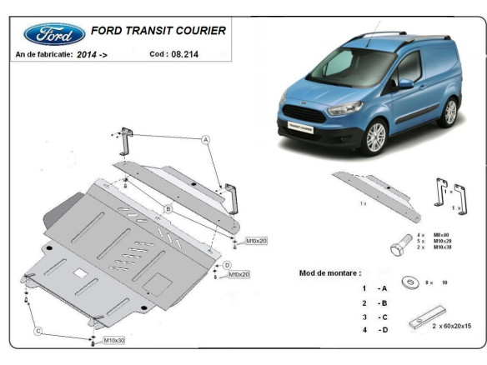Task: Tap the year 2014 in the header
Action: pyautogui.click(x=86, y=53)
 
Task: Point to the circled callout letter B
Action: pyautogui.click(x=168, y=208)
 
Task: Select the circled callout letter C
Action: pyautogui.click(x=38, y=332)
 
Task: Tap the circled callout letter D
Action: pyautogui.click(x=226, y=265)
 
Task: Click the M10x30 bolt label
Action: pyautogui.click(x=115, y=341)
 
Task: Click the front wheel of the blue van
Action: pyautogui.click(x=376, y=137)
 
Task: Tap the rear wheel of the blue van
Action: pyautogui.click(x=450, y=112)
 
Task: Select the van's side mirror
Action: pyautogui.click(x=405, y=83)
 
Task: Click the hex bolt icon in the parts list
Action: pyautogui.click(x=399, y=246)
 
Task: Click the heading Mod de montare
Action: pyautogui.click(x=330, y=272)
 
